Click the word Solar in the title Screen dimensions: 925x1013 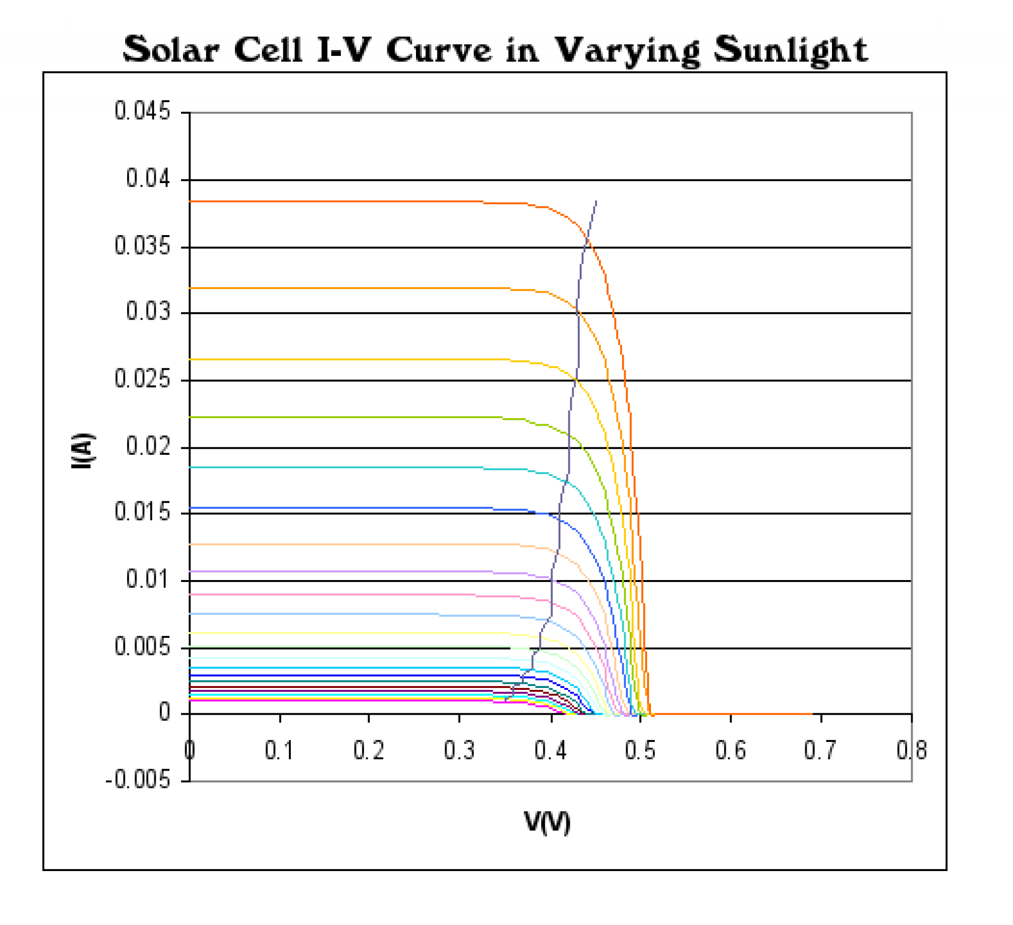click(x=171, y=50)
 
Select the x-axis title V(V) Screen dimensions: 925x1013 click(x=547, y=823)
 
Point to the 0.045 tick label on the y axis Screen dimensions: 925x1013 click(x=142, y=111)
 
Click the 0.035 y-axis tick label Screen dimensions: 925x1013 click(x=142, y=246)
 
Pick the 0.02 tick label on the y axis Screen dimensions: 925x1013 click(x=148, y=446)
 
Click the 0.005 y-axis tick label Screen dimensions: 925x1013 click(x=142, y=647)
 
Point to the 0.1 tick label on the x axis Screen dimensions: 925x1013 click(x=279, y=751)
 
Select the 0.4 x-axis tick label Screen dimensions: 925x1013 click(x=550, y=751)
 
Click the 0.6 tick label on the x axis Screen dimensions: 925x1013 click(x=731, y=751)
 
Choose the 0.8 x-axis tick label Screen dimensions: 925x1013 click(x=912, y=751)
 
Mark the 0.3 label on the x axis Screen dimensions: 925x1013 click(x=460, y=751)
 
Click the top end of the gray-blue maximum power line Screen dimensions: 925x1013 click(x=596, y=201)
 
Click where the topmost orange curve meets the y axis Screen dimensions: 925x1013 click(x=190, y=201)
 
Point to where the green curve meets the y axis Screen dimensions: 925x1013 click(x=190, y=417)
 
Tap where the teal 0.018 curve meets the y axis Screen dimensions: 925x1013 click(x=190, y=467)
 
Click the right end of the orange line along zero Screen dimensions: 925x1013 click(x=812, y=713)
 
